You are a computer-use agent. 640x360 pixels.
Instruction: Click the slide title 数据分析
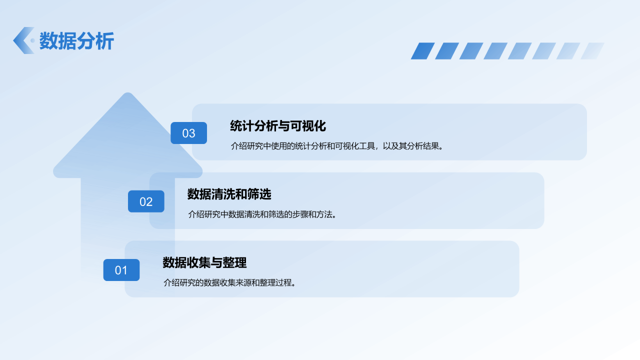pyautogui.click(x=76, y=41)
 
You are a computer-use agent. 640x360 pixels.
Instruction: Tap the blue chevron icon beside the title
pyautogui.click(x=22, y=40)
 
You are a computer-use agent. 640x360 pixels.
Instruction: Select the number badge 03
pyautogui.click(x=188, y=133)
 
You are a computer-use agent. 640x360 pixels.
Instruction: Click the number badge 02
pyautogui.click(x=146, y=201)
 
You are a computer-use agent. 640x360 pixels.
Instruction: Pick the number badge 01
pyautogui.click(x=121, y=270)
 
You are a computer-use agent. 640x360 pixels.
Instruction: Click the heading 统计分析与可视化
pyautogui.click(x=278, y=126)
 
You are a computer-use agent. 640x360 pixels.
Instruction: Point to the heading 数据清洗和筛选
pyautogui.click(x=229, y=194)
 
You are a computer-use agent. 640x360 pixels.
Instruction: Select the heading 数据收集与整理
pyautogui.click(x=204, y=262)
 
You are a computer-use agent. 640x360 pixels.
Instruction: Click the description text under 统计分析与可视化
pyautogui.click(x=336, y=146)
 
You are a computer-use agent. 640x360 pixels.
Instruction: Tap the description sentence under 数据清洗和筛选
pyautogui.click(x=262, y=214)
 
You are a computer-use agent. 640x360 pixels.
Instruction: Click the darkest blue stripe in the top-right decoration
pyautogui.click(x=422, y=51)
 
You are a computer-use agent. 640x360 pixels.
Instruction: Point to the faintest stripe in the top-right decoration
pyautogui.click(x=592, y=51)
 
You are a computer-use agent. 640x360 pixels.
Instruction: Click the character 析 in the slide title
pyautogui.click(x=105, y=41)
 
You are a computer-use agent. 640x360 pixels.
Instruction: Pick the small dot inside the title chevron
pyautogui.click(x=32, y=40)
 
